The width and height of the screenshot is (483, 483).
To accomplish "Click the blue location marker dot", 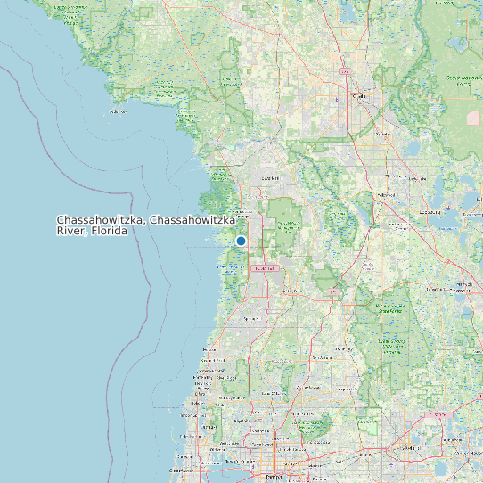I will pos(241,241).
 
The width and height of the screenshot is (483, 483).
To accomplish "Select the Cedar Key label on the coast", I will pos(117,112).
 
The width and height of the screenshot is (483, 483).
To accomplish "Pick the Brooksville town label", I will pos(265,268).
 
